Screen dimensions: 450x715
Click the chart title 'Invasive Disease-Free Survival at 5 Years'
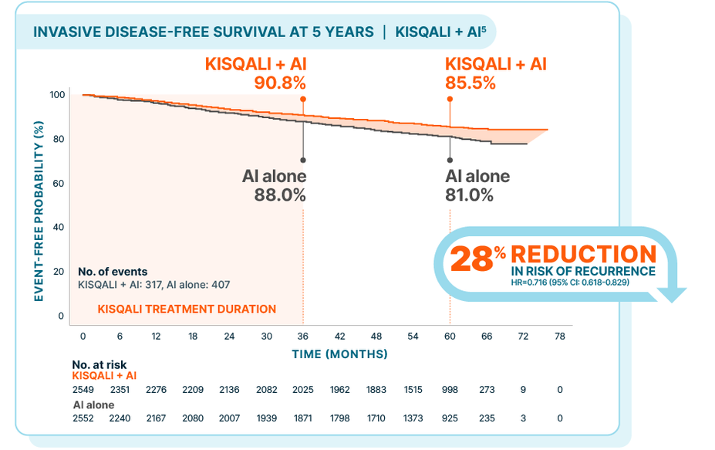click(x=203, y=32)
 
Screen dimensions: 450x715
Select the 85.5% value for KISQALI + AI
click(x=470, y=82)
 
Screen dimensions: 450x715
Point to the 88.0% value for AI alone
click(x=280, y=195)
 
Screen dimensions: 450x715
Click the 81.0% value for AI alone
click(x=469, y=195)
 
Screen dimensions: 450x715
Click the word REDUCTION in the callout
click(x=583, y=254)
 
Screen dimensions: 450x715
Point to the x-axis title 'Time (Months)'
click(x=339, y=354)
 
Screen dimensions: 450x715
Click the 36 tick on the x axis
click(x=302, y=337)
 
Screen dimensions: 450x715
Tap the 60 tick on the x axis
click(x=450, y=337)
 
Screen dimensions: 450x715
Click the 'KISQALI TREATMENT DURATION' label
click(x=187, y=309)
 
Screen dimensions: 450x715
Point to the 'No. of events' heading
click(x=113, y=272)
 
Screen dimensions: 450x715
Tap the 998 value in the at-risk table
click(x=450, y=390)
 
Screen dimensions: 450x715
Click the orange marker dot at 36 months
click(x=302, y=100)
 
